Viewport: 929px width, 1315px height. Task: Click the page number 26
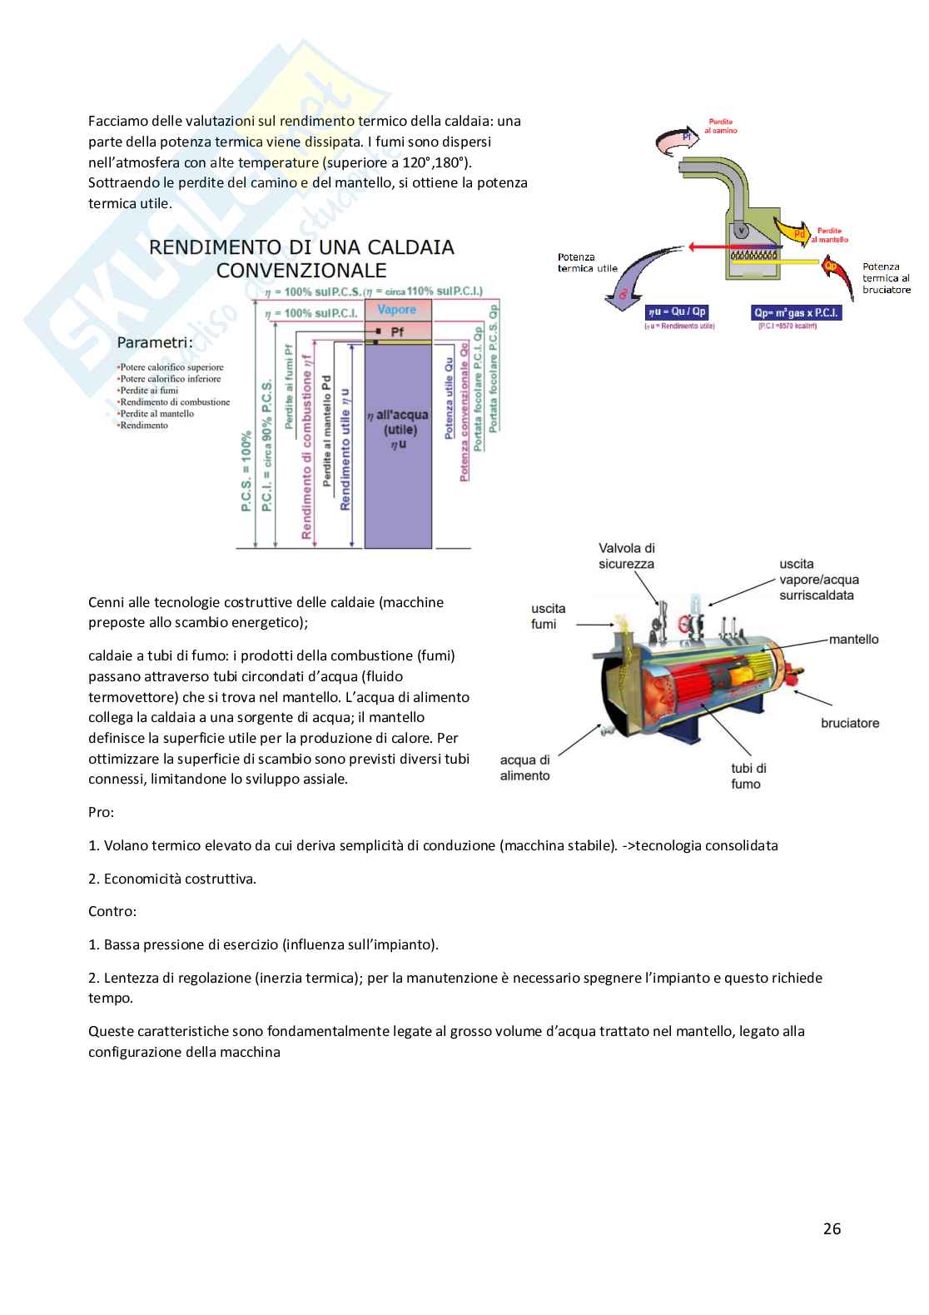pyautogui.click(x=832, y=1228)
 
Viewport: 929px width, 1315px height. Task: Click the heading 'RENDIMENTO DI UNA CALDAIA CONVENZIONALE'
pyautogui.click(x=301, y=258)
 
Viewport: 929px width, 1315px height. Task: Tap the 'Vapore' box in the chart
pyautogui.click(x=396, y=310)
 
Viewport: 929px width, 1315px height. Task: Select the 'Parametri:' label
pyautogui.click(x=155, y=342)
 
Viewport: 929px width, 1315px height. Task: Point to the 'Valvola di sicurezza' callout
pyautogui.click(x=626, y=555)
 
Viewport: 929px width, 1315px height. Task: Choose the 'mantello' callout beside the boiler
pyautogui.click(x=853, y=639)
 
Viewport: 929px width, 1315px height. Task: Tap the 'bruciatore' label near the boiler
pyautogui.click(x=850, y=723)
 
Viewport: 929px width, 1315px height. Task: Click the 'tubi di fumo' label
pyautogui.click(x=748, y=775)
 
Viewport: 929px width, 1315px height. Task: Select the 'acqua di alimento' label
pyautogui.click(x=524, y=767)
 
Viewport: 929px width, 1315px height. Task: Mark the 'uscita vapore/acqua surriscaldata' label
pyautogui.click(x=819, y=579)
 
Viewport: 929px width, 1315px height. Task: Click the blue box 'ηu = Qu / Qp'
pyautogui.click(x=677, y=312)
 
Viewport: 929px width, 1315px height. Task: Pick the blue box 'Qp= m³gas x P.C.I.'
pyautogui.click(x=796, y=312)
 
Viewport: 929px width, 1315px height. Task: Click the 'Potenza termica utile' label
pyautogui.click(x=588, y=263)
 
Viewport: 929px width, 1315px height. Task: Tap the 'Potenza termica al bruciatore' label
pyautogui.click(x=886, y=278)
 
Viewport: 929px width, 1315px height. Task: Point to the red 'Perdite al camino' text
pyautogui.click(x=721, y=126)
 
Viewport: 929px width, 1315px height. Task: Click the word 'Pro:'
pyautogui.click(x=101, y=811)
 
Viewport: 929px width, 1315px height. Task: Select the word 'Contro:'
pyautogui.click(x=112, y=911)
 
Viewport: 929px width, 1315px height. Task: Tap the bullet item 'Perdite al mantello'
pyautogui.click(x=156, y=413)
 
